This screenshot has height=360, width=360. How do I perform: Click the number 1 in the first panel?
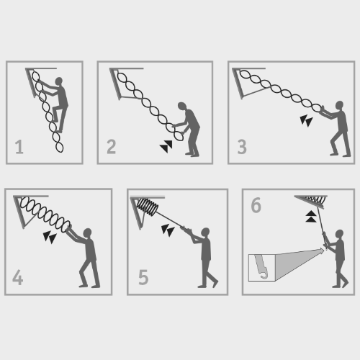click(x=19, y=147)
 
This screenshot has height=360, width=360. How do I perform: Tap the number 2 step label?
click(x=112, y=147)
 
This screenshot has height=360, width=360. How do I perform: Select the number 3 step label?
click(x=242, y=147)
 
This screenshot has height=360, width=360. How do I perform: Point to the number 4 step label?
click(x=17, y=277)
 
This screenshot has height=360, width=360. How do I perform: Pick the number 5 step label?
click(x=143, y=277)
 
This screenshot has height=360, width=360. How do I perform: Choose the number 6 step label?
click(x=256, y=205)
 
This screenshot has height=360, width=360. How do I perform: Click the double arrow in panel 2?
click(x=166, y=147)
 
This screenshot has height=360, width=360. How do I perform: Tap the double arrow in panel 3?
click(x=306, y=121)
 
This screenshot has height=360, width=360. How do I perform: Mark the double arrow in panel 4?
click(x=50, y=238)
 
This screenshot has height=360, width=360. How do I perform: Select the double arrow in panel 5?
click(x=168, y=230)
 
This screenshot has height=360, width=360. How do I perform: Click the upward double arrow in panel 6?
click(x=311, y=217)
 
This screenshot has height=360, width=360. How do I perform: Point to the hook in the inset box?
click(x=261, y=267)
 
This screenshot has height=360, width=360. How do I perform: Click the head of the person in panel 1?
click(x=59, y=81)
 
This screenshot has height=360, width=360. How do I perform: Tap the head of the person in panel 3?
click(x=339, y=105)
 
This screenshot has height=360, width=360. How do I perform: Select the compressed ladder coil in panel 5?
click(x=147, y=207)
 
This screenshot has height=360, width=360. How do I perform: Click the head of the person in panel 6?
click(x=339, y=234)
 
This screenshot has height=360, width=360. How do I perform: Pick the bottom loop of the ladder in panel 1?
click(x=59, y=147)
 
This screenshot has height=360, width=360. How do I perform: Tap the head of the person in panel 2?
click(x=182, y=107)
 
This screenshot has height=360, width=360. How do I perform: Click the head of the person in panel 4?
click(x=87, y=233)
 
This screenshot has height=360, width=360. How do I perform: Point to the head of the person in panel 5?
click(x=205, y=233)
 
